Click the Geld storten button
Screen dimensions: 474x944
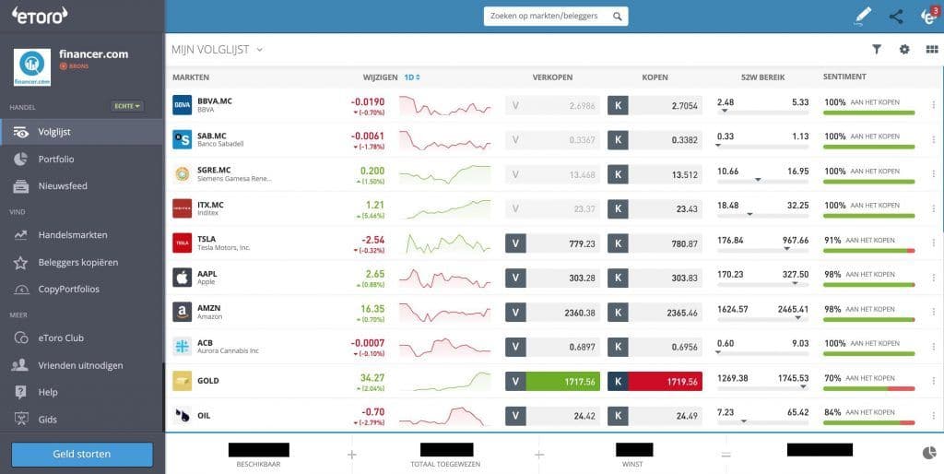point(82,454)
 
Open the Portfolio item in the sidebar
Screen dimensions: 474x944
point(55,159)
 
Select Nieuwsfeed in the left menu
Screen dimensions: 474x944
point(62,185)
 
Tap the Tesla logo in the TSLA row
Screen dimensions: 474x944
point(182,243)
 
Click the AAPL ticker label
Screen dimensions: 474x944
point(207,274)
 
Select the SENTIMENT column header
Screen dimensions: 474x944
point(844,77)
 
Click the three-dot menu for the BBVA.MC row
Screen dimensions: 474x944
point(933,106)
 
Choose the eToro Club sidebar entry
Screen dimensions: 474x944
point(61,338)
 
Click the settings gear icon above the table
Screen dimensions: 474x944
point(904,50)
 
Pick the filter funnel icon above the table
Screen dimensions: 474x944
point(877,50)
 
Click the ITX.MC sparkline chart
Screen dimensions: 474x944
point(445,209)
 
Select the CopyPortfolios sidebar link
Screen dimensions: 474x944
point(68,289)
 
